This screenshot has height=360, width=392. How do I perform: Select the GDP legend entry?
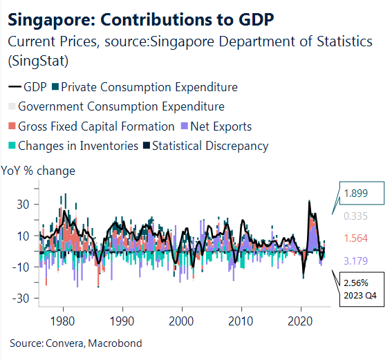click(x=28, y=87)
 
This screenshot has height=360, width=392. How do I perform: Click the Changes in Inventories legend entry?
click(x=76, y=146)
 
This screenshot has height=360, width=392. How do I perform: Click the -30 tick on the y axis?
click(x=24, y=299)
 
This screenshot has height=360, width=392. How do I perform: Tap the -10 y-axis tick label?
click(x=24, y=267)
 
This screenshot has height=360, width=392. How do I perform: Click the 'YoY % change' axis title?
click(x=39, y=170)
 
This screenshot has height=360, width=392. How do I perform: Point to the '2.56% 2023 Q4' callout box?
click(x=360, y=289)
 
